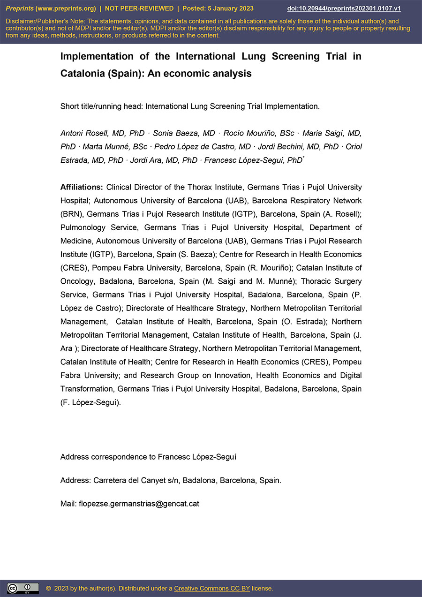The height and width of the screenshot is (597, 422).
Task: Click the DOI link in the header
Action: pos(344,8)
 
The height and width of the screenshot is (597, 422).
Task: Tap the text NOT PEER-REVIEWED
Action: pos(139,8)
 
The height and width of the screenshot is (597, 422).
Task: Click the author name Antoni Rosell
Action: pos(83,133)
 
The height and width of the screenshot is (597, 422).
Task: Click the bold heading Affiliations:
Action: pos(82,187)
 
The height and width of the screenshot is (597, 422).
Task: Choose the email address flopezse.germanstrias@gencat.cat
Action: pos(139,504)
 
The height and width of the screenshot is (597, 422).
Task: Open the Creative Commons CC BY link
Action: pos(212,588)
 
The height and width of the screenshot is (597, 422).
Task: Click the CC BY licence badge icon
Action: pos(23,588)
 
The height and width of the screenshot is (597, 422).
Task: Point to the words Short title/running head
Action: pos(101,106)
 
